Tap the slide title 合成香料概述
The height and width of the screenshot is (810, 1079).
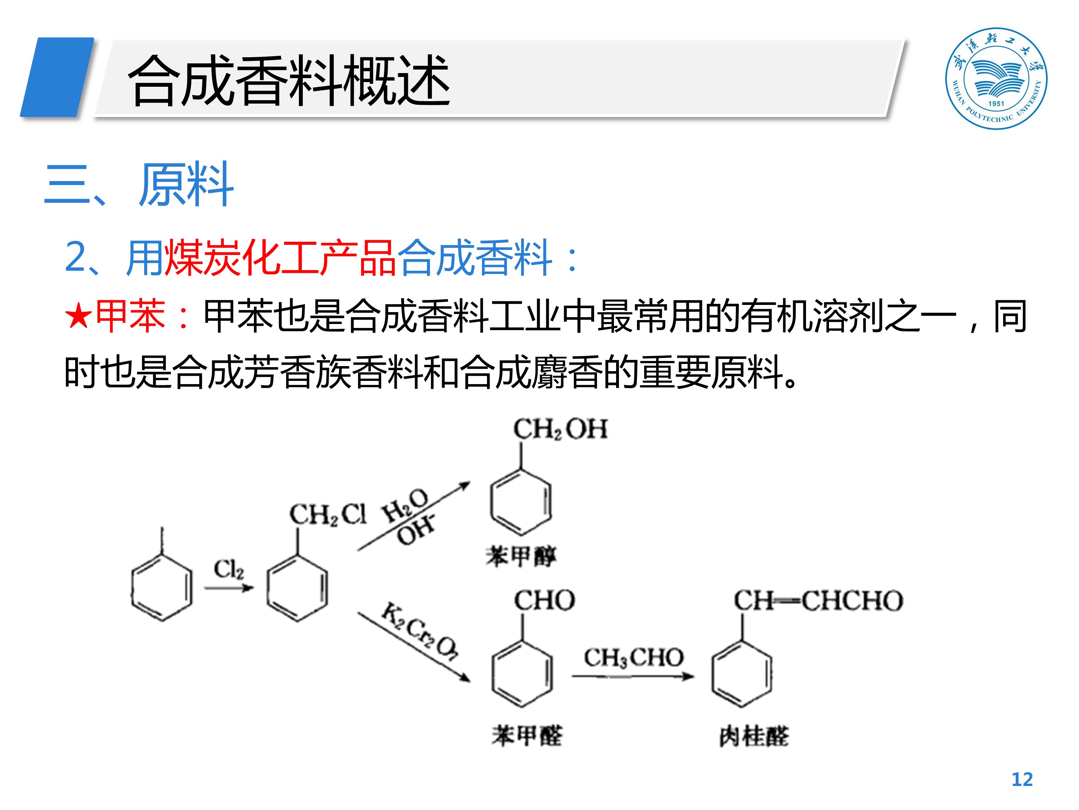(x=289, y=81)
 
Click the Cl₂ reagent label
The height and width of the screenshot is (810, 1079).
(x=229, y=569)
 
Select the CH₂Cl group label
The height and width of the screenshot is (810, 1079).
(x=327, y=514)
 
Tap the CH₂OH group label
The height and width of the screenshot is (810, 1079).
(x=560, y=429)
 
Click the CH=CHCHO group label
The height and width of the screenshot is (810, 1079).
(x=818, y=600)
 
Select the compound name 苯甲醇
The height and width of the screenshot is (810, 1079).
(x=520, y=556)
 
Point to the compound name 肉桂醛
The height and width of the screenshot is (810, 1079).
(x=754, y=736)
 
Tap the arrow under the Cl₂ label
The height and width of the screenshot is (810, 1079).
(x=229, y=588)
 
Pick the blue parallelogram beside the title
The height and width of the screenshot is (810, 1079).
(x=57, y=77)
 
